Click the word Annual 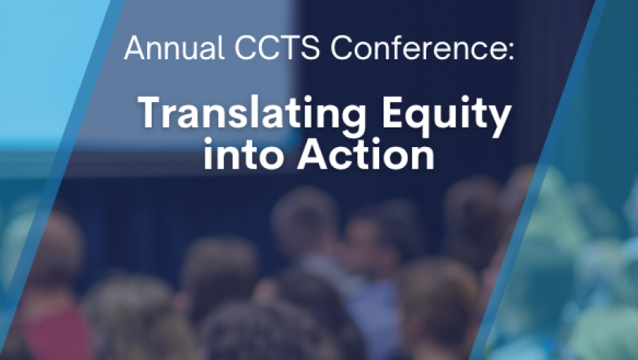pyautogui.click(x=175, y=48)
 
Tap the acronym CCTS pyautogui.click(x=278, y=48)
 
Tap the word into pyautogui.click(x=243, y=154)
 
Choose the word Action pyautogui.click(x=366, y=154)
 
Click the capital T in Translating pyautogui.click(x=153, y=112)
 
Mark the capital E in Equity pyautogui.click(x=393, y=112)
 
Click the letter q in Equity pyautogui.click(x=421, y=121)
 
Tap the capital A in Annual pyautogui.click(x=135, y=48)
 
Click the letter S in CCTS pyautogui.click(x=311, y=48)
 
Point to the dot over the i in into pyautogui.click(x=209, y=142)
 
